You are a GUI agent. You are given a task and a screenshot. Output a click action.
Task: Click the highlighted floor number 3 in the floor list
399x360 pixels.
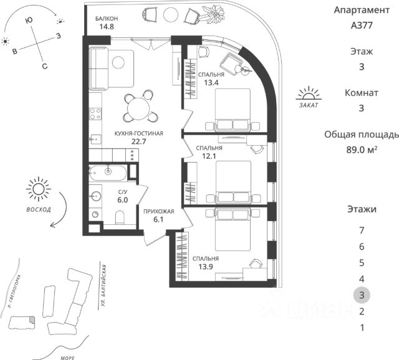pyautogui.click(x=362, y=295)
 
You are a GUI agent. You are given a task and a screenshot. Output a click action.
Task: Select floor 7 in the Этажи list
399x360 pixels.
pyautogui.click(x=362, y=230)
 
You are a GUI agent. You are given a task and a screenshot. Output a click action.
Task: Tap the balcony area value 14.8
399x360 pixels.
pyautogui.click(x=107, y=26)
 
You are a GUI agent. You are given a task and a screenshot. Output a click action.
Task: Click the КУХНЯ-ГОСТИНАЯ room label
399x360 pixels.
pyautogui.click(x=138, y=133)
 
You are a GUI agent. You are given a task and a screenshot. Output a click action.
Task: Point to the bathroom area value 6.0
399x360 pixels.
pyautogui.click(x=122, y=200)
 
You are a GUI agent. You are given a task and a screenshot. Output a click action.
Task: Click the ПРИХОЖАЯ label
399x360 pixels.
pyautogui.click(x=159, y=211)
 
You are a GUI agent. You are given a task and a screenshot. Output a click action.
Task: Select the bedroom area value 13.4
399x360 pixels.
pyautogui.click(x=211, y=83)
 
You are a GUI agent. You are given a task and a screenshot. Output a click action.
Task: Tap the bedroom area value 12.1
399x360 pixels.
pyautogui.click(x=209, y=156)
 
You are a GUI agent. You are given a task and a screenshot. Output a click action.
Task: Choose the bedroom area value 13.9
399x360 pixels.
pyautogui.click(x=206, y=267)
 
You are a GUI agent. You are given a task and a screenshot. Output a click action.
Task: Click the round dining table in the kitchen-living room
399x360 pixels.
pyautogui.click(x=138, y=109)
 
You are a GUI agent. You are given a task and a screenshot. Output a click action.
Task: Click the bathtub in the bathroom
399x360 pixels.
pyautogui.click(x=108, y=173)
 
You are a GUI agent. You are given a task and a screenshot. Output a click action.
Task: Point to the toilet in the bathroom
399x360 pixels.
pyautogui.click(x=120, y=217)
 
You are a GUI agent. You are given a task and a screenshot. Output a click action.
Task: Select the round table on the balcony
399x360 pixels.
pyautogui.click(x=171, y=15)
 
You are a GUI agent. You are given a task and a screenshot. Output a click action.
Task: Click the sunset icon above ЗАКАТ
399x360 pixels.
pyautogui.click(x=309, y=93)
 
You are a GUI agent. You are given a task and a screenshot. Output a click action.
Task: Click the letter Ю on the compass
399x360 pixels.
pyautogui.click(x=29, y=21)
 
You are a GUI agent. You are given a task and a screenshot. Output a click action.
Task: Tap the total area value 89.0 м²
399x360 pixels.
pyautogui.click(x=362, y=149)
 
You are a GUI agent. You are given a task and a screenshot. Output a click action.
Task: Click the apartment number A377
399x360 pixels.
pyautogui.click(x=362, y=25)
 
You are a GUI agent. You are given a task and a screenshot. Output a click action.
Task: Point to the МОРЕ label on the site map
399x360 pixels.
pyautogui.click(x=67, y=358)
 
